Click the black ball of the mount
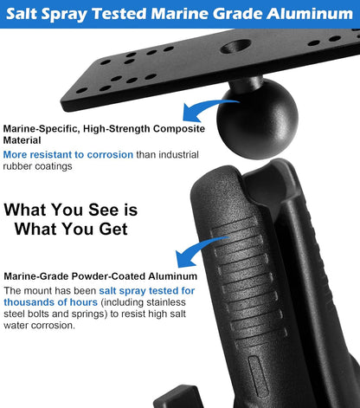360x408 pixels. (257, 119)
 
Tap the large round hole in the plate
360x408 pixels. (235, 47)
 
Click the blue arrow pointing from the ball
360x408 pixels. (208, 108)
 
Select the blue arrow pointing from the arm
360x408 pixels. (199, 250)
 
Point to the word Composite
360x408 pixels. (179, 129)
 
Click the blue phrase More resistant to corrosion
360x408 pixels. (68, 154)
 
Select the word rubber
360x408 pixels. (17, 166)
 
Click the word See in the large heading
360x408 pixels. (103, 210)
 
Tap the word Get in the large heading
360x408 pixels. (113, 230)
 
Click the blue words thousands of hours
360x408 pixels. (51, 302)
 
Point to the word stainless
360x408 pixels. (166, 302)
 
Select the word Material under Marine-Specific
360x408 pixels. (22, 140)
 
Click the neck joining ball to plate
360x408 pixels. (245, 83)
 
